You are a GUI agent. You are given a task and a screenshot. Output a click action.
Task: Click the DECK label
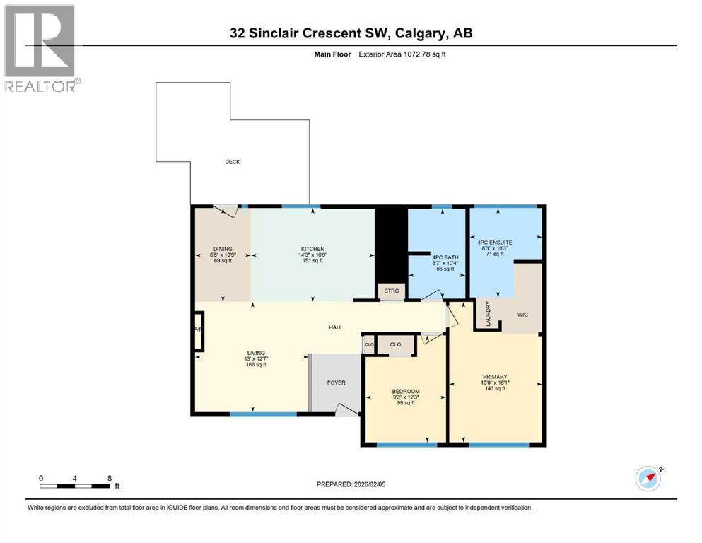tap(233, 162)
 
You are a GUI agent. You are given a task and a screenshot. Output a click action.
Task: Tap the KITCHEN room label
tap(312, 249)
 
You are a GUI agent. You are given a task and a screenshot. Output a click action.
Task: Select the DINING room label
tap(223, 249)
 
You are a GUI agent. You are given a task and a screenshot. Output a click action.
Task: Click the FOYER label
tap(336, 383)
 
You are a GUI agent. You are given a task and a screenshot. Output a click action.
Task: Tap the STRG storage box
tap(392, 291)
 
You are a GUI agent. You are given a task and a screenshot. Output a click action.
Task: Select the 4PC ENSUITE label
tap(494, 243)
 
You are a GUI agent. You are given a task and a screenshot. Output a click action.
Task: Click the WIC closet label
tap(523, 314)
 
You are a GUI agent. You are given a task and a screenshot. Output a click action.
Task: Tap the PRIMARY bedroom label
tap(495, 377)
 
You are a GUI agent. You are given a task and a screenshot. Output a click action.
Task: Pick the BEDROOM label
tap(406, 392)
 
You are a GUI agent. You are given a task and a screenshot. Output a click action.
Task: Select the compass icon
tap(648, 478)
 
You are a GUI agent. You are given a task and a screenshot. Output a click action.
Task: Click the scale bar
tap(75, 486)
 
